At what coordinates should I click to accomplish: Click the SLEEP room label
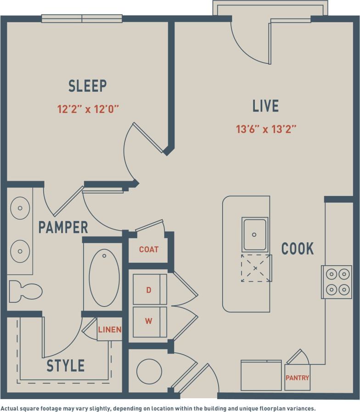88,86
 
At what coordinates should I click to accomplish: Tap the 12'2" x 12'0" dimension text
88,109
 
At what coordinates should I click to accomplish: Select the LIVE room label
265,106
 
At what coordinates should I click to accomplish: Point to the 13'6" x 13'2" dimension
266,129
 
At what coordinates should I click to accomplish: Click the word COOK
298,249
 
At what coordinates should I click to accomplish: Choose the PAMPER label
63,227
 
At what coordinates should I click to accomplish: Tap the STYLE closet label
66,366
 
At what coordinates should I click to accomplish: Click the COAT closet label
149,250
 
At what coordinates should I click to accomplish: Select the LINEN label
110,329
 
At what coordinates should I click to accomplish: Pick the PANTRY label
297,378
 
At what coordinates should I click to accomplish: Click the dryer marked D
149,290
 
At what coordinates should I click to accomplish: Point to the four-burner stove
336,282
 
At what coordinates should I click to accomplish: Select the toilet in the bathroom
26,291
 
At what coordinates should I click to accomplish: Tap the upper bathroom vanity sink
20,208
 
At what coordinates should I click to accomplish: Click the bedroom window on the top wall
82,19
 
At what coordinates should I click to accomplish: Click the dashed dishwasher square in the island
255,267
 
